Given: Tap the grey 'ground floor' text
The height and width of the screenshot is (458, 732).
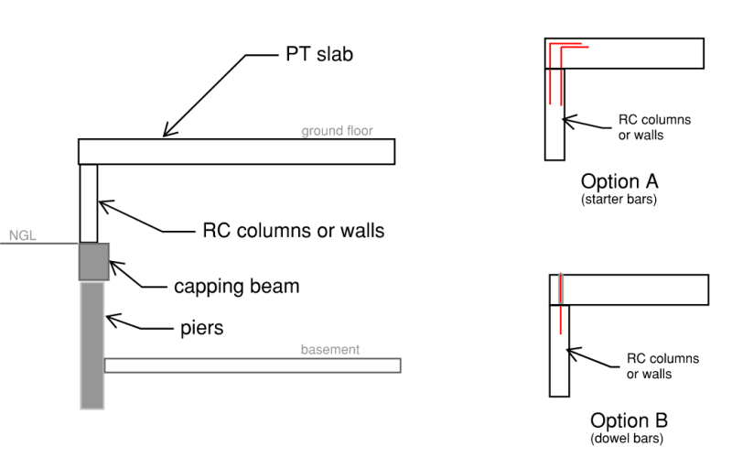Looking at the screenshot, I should click(x=338, y=131).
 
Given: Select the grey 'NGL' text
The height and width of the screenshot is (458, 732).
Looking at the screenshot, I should click(x=22, y=236).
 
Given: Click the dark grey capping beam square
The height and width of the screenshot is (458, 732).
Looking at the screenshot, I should click(x=94, y=261).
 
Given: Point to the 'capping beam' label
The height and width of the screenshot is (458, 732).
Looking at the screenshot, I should click(x=237, y=286).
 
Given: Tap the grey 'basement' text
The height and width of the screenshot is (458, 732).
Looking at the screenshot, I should click(x=330, y=350).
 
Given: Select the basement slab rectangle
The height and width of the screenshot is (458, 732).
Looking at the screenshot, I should click(x=253, y=365).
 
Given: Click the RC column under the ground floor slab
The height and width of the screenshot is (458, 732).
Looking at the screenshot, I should click(x=89, y=202).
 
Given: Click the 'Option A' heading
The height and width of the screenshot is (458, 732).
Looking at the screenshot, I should click(x=619, y=180).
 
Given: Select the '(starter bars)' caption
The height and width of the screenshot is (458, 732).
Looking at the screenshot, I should click(x=619, y=198).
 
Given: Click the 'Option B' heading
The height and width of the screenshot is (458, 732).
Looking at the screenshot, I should click(x=629, y=420).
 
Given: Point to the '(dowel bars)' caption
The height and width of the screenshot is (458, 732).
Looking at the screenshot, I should click(x=629, y=439).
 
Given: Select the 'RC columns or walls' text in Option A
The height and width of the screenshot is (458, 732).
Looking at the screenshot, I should click(x=655, y=127).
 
